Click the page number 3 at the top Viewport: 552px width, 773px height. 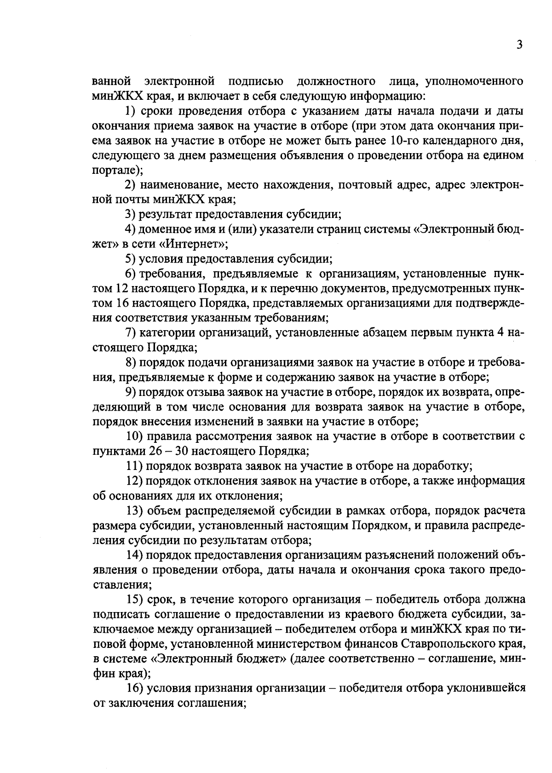point(519,45)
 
